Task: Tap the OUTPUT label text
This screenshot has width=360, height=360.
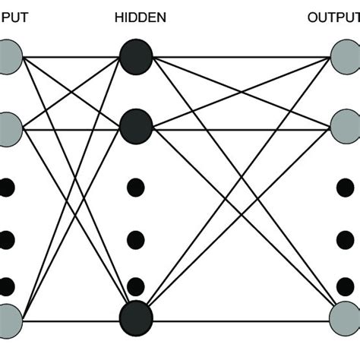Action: [333, 16]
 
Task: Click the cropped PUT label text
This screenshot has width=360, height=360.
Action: [14, 16]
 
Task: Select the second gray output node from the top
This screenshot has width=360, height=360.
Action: [346, 127]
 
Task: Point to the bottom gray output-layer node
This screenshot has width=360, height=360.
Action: [346, 317]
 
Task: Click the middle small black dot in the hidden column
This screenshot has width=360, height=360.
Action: [136, 240]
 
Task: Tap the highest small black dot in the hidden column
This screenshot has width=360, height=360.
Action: [136, 187]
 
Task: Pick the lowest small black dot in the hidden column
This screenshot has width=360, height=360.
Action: [136, 286]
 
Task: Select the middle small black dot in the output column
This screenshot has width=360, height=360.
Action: [346, 240]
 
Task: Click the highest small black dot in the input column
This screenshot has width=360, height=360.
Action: [7, 187]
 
